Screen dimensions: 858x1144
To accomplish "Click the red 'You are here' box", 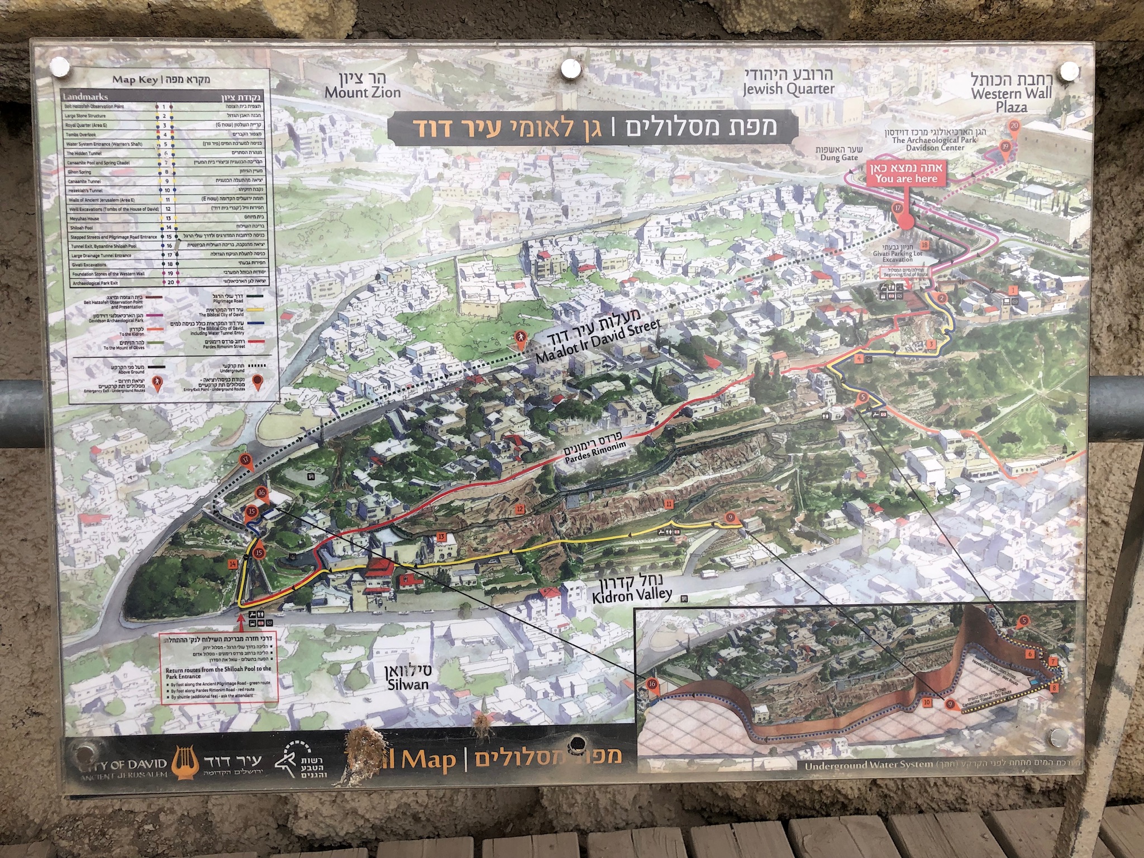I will tap(905, 174).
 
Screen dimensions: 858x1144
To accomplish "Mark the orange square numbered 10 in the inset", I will tap(927, 702).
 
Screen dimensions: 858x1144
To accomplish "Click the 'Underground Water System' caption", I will tap(869, 765).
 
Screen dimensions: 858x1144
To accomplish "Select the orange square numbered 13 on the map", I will tap(441, 537).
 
